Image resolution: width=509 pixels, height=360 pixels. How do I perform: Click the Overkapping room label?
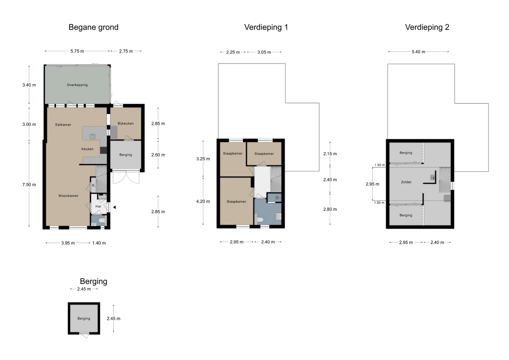(x=77, y=85)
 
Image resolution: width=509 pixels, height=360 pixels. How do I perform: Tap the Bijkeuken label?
(x=126, y=123)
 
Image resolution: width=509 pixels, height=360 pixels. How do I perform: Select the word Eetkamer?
(x=63, y=125)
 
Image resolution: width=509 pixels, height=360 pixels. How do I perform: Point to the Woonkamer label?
(x=68, y=196)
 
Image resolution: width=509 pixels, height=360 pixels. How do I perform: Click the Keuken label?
(x=87, y=149)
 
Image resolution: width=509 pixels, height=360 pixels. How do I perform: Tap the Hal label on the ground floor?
(x=98, y=206)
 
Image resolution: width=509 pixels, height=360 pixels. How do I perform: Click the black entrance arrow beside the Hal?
(x=115, y=207)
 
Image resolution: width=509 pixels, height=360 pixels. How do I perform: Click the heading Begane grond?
(x=94, y=27)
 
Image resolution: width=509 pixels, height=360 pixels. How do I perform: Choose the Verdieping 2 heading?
(x=427, y=27)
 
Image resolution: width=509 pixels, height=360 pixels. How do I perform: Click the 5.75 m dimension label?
(x=77, y=51)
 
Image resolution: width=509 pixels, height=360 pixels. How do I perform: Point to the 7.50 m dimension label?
(x=29, y=185)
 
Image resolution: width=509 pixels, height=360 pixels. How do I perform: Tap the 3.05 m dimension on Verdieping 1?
(x=264, y=52)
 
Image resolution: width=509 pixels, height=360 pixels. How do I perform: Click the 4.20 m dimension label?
(x=203, y=201)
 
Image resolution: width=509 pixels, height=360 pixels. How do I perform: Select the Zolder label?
(x=406, y=182)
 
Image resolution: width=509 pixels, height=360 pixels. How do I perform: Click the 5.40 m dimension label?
(x=418, y=52)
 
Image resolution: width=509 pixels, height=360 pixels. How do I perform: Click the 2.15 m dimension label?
(x=330, y=154)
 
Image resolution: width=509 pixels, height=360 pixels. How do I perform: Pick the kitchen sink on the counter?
(x=93, y=137)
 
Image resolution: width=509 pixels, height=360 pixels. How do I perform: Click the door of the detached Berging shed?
(x=84, y=335)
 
